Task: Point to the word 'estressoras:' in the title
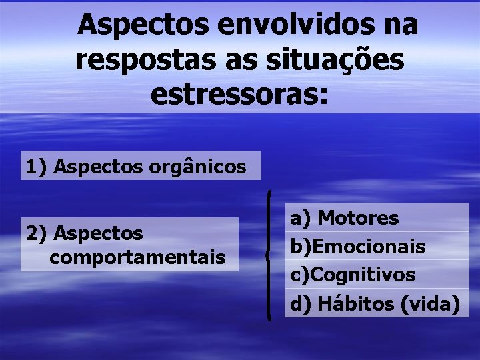click(x=240, y=95)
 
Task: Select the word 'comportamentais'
click(x=137, y=257)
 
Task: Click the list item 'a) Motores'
click(x=344, y=217)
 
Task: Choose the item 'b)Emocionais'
click(x=357, y=246)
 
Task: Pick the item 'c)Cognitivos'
click(x=353, y=274)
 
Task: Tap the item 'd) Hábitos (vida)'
click(x=375, y=303)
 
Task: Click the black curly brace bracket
click(x=268, y=254)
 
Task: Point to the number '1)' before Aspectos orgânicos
click(x=36, y=166)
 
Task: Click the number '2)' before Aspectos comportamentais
click(x=36, y=233)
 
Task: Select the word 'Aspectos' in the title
click(x=144, y=26)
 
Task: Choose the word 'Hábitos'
click(x=356, y=303)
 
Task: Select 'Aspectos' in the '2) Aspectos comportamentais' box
click(x=99, y=233)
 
